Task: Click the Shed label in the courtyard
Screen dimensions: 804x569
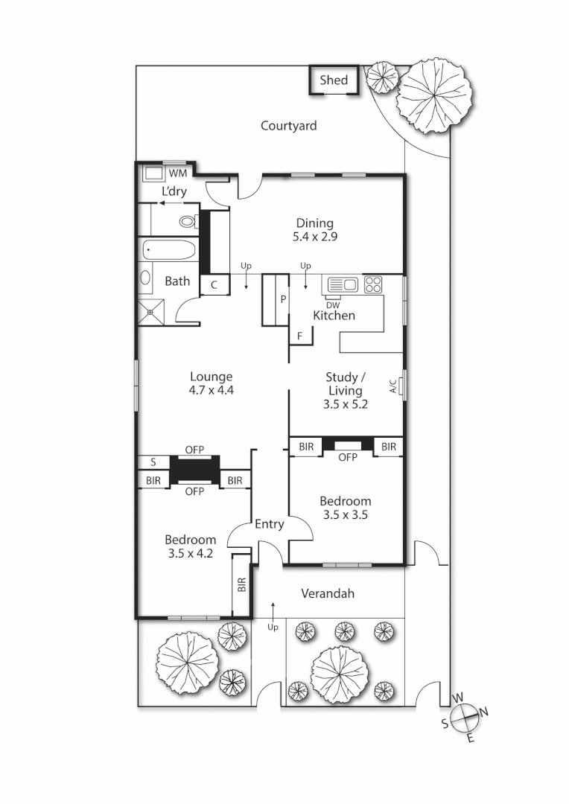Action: click(334, 80)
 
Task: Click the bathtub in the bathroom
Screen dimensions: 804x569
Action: click(168, 249)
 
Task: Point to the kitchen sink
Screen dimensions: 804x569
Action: click(342, 284)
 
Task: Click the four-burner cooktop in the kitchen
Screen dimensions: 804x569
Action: click(372, 284)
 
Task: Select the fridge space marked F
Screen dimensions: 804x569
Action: click(300, 336)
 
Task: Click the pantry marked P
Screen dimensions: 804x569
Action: click(283, 299)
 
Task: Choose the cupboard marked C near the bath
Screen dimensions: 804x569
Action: click(214, 284)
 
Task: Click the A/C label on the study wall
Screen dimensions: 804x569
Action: click(392, 386)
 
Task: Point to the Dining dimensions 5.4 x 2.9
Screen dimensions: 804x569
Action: click(315, 237)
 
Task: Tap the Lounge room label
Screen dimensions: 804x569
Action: click(211, 377)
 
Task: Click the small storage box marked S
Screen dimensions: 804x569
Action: click(153, 462)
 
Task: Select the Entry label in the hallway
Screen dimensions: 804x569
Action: click(269, 524)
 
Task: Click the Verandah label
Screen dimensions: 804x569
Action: click(327, 593)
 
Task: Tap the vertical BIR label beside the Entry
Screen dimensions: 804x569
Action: click(241, 585)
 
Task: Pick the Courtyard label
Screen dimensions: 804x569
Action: click(288, 126)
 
